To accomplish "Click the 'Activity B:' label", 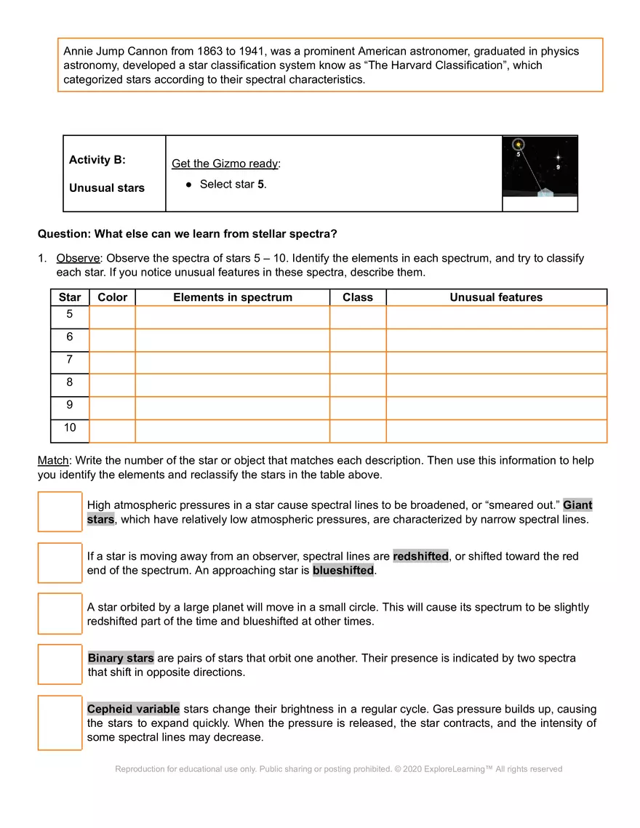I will (x=97, y=160).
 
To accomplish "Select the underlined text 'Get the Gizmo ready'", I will (x=225, y=164).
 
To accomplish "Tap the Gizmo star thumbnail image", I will (x=540, y=167).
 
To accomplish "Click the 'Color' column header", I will (x=112, y=297).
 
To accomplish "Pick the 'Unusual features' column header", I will (x=496, y=297).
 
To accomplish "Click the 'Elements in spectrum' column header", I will (x=232, y=297).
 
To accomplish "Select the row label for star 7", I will (x=70, y=359).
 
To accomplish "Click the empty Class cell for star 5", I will (x=357, y=317).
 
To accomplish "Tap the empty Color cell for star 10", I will (x=112, y=430).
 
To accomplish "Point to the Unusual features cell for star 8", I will (x=496, y=385).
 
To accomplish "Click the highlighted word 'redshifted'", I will (x=420, y=556).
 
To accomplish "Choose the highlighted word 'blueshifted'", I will (x=343, y=571).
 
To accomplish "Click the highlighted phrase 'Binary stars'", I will (x=121, y=658).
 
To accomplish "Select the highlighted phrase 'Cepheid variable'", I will (x=133, y=709).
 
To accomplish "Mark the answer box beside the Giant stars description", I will (x=60, y=512).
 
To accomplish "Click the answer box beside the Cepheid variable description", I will (x=60, y=723).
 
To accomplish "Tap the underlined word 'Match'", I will (x=53, y=460).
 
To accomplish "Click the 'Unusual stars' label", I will (x=106, y=188).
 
